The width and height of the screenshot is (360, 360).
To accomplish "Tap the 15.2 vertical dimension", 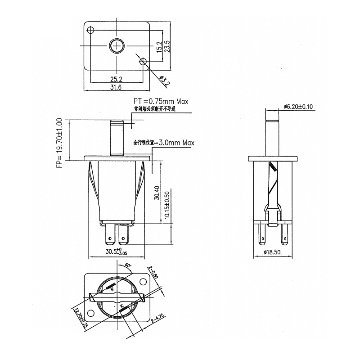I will tap(158, 47).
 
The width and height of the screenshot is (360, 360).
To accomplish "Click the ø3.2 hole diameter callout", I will tap(165, 80).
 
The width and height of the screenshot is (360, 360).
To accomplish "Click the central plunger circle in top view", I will tap(117, 46).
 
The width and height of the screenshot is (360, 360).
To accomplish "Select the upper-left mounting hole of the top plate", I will tap(91, 30).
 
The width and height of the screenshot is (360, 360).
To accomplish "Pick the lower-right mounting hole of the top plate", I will tap(144, 62).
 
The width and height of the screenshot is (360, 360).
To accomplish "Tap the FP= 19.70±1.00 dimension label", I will tap(59, 143).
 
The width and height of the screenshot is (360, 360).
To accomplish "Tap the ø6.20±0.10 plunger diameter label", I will tap(301, 107).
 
